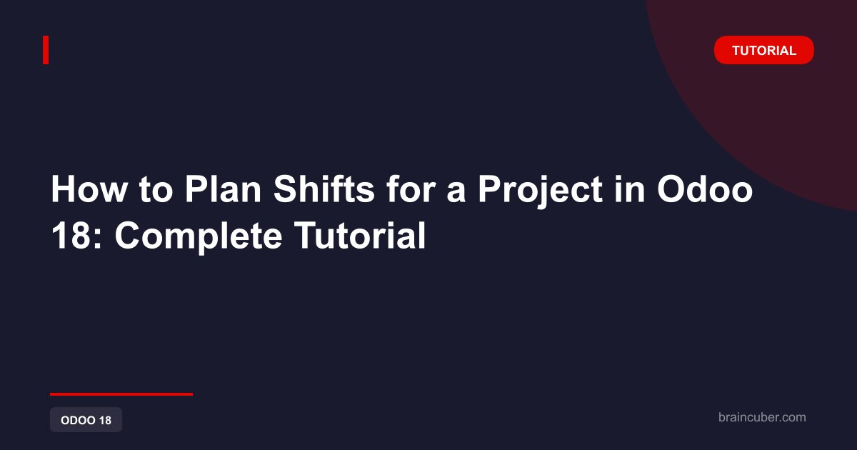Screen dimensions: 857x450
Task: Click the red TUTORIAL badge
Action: pyautogui.click(x=763, y=50)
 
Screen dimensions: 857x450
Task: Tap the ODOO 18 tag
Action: pyautogui.click(x=86, y=420)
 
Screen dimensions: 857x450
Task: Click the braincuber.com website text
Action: pyautogui.click(x=762, y=417)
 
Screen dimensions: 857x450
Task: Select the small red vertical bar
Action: pyautogui.click(x=46, y=50)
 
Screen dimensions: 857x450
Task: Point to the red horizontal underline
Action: pyautogui.click(x=121, y=394)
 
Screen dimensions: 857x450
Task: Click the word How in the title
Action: pyautogui.click(x=89, y=189)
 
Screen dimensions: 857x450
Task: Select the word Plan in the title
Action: pyautogui.click(x=223, y=189)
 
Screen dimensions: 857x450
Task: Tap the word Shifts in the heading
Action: pyautogui.click(x=324, y=189)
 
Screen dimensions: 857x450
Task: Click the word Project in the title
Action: pyautogui.click(x=540, y=191)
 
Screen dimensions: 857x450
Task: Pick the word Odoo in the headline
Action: pyautogui.click(x=705, y=189)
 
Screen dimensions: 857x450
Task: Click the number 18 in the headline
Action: pyautogui.click(x=71, y=235)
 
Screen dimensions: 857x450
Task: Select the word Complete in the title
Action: pyautogui.click(x=199, y=237)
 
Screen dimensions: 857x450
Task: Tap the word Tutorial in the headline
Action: pyautogui.click(x=360, y=234)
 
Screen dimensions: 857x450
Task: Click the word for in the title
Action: pyautogui.click(x=411, y=189)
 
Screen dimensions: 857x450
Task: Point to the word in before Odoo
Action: pyautogui.click(x=629, y=189)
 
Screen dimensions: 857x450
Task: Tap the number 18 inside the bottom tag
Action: pyautogui.click(x=105, y=420)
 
